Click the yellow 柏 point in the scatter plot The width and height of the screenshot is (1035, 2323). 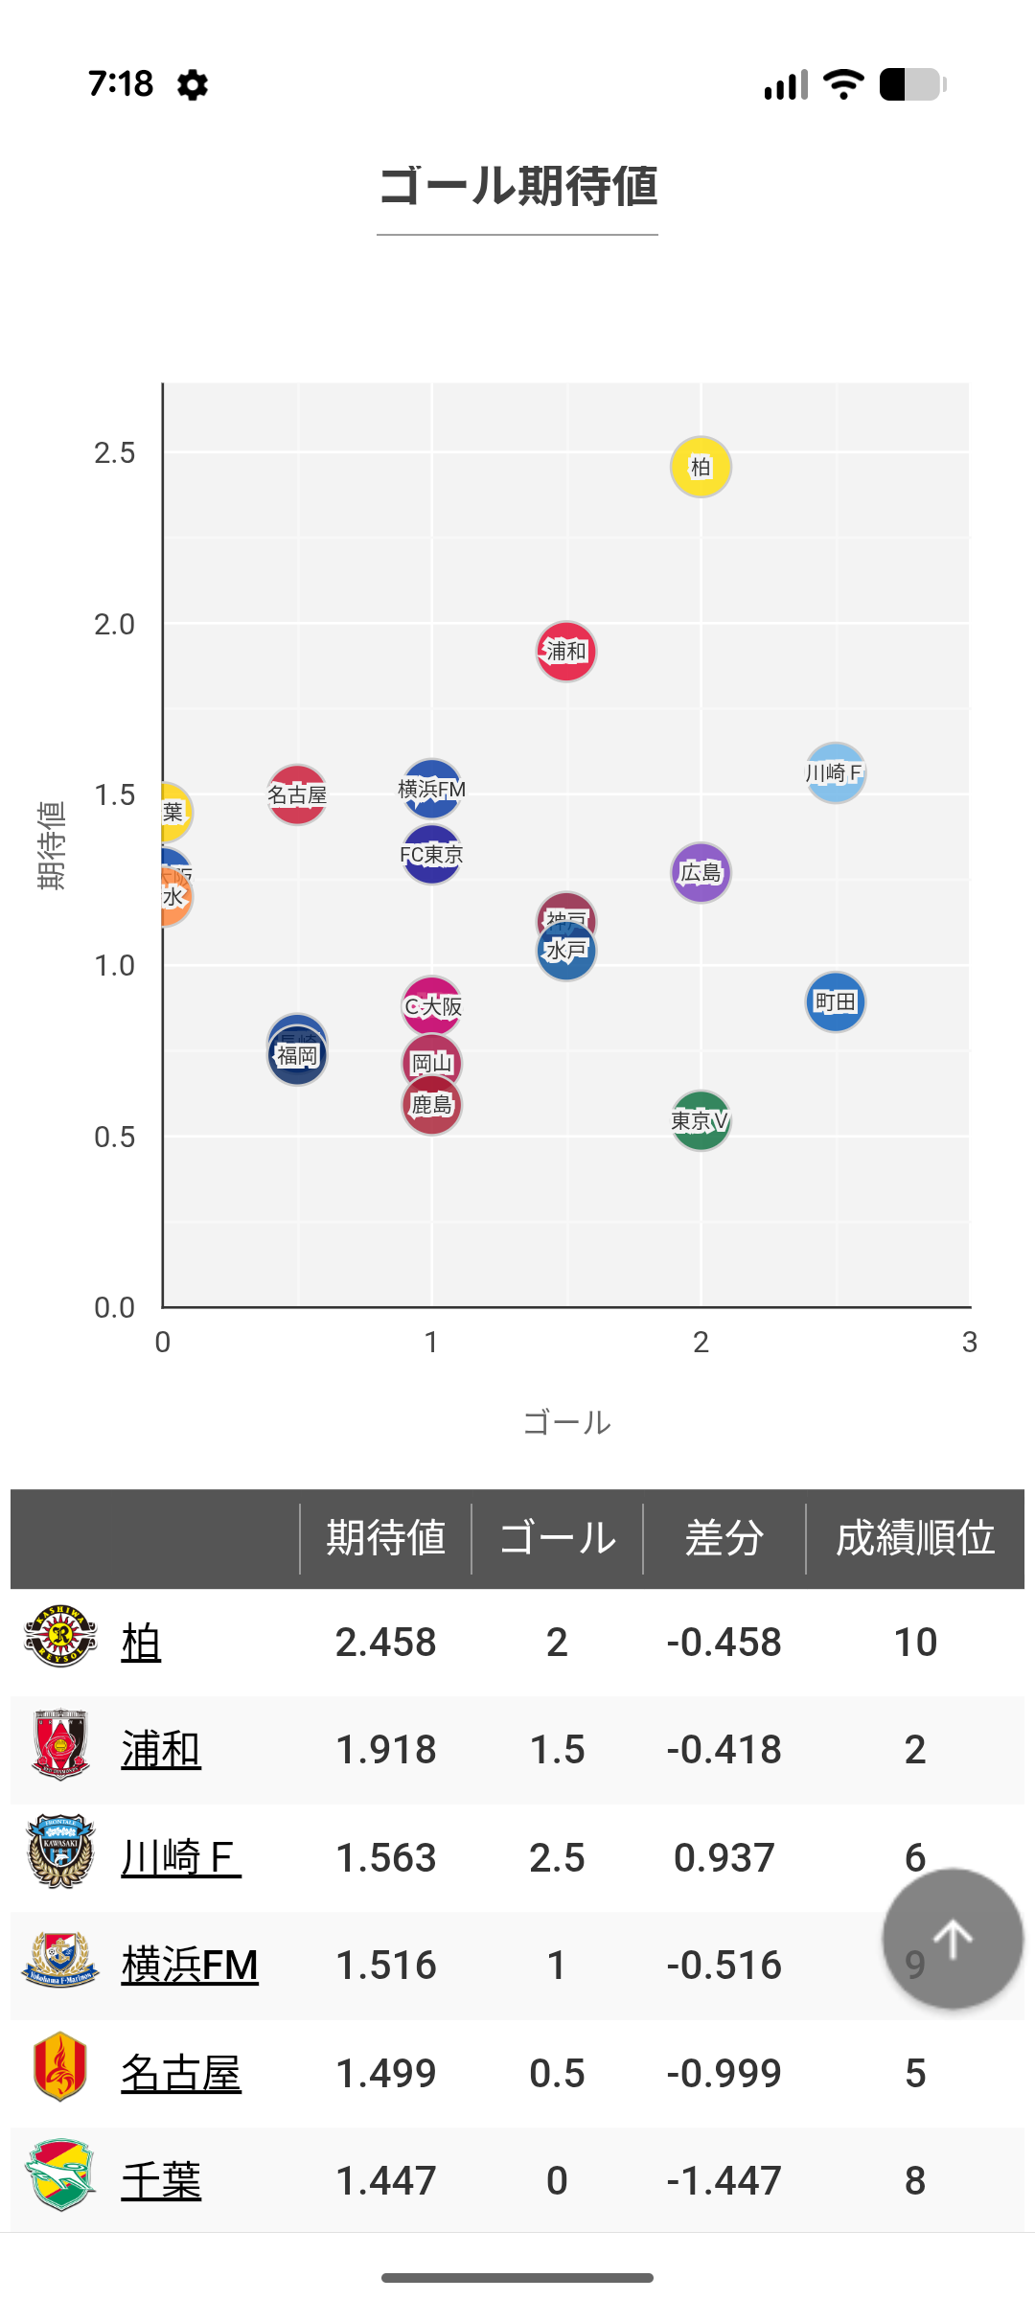tap(701, 467)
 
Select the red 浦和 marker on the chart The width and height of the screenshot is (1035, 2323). tap(565, 652)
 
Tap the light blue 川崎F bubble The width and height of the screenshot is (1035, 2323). tap(836, 773)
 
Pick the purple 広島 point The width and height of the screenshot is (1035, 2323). tap(701, 873)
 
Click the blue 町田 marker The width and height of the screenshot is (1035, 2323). tap(836, 1002)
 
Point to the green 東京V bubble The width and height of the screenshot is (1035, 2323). tap(701, 1120)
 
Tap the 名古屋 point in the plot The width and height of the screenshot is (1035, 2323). tap(297, 794)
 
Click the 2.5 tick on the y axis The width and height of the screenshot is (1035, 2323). tap(114, 453)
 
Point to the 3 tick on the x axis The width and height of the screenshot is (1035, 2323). tap(969, 1343)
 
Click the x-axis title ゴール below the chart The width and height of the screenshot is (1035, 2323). tap(566, 1423)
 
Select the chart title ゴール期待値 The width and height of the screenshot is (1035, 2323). tap(517, 186)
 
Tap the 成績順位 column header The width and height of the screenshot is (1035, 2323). tap(914, 1538)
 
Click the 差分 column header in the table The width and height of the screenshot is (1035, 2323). tap(724, 1538)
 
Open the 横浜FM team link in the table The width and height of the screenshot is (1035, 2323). tap(190, 1966)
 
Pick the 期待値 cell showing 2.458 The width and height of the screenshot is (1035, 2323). tap(385, 1643)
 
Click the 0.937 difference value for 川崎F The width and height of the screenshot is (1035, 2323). tap(724, 1858)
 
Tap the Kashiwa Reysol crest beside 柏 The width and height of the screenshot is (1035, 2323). tap(60, 1637)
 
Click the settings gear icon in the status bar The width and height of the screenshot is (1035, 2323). tap(193, 85)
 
